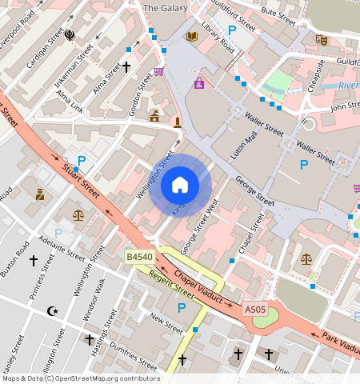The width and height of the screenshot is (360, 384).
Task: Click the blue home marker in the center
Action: [x=180, y=185]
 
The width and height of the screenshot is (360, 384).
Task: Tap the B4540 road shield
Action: [x=139, y=257]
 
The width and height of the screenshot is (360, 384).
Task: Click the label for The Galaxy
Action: [x=165, y=8]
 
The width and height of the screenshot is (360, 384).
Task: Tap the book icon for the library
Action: [x=191, y=36]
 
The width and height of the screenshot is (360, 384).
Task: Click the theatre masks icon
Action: [x=322, y=39]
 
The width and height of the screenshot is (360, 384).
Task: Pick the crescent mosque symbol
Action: [x=53, y=310]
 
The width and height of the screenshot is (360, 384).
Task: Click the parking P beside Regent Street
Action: [x=182, y=308]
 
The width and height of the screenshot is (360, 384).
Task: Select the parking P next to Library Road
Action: [x=233, y=30]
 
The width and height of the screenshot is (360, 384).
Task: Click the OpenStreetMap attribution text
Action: [x=80, y=378]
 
